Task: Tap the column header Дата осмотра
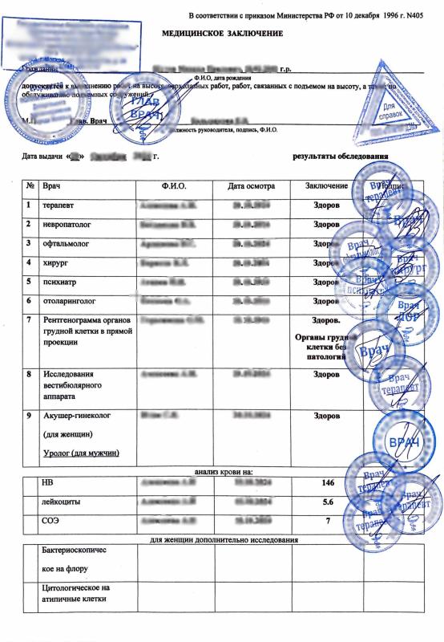251,186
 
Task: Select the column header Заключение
326,186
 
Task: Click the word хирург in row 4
54,262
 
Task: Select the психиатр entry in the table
59,282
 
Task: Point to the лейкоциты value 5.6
326,502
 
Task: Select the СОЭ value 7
326,521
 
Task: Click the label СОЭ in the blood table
50,521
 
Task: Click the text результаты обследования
341,155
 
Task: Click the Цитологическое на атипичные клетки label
75,594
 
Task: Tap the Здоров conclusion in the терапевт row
326,205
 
